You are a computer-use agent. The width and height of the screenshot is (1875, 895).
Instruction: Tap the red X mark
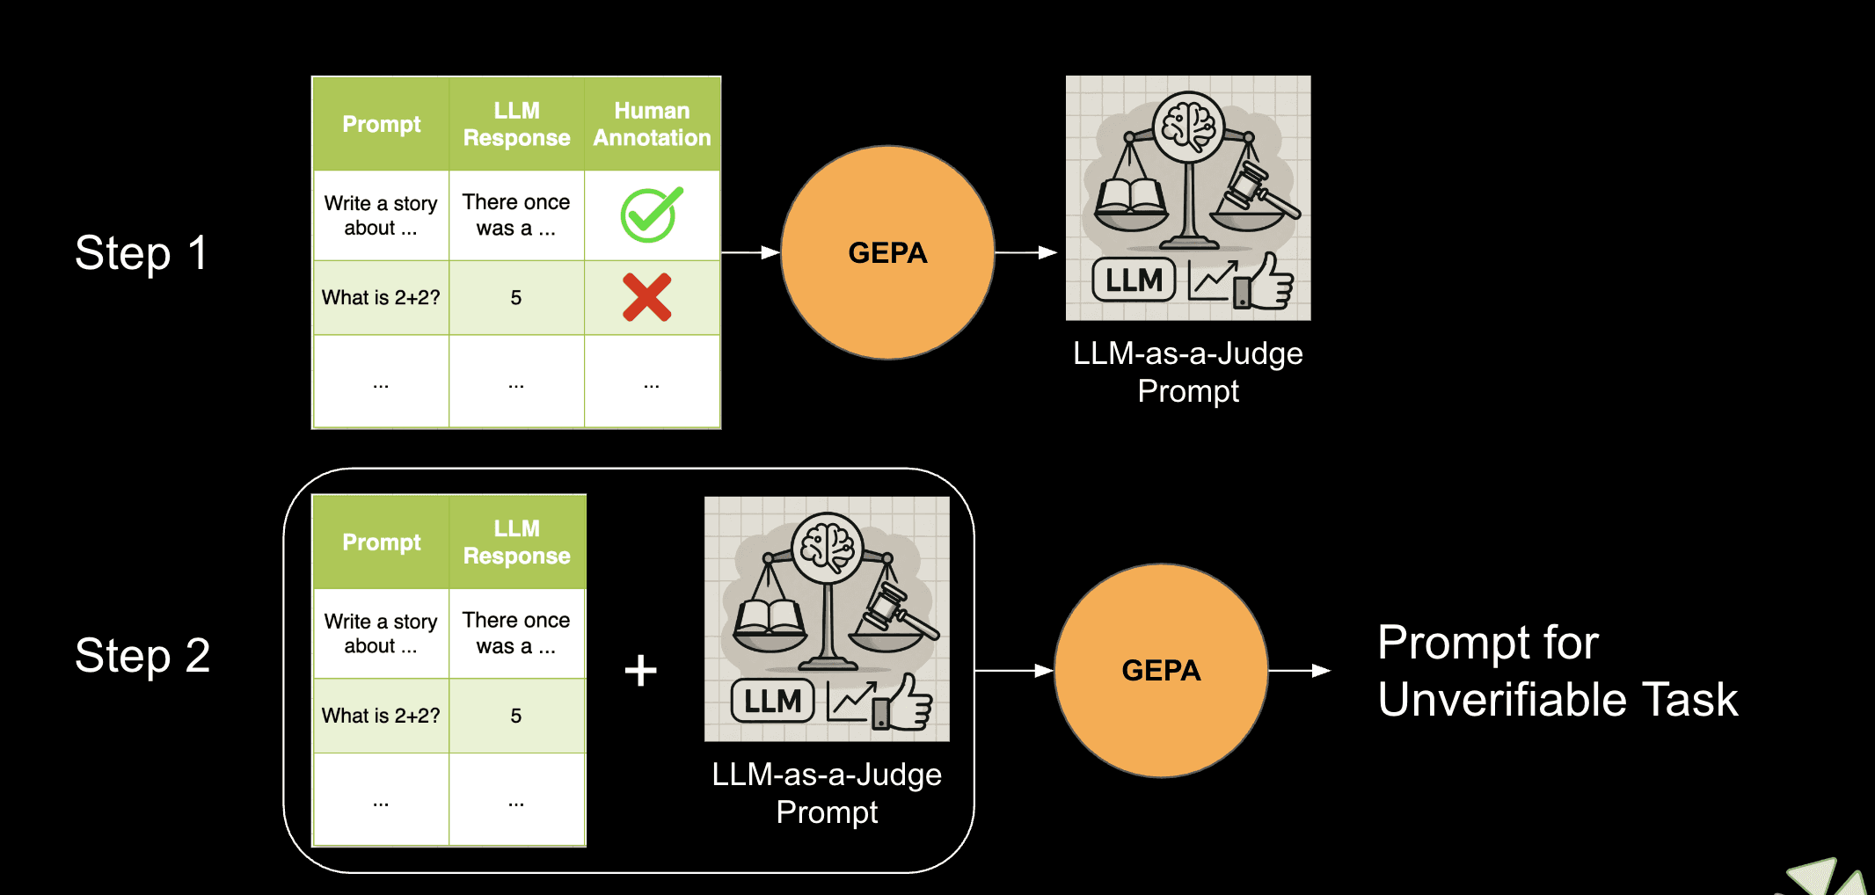(647, 297)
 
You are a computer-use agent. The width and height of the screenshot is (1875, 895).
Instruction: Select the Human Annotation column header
(652, 124)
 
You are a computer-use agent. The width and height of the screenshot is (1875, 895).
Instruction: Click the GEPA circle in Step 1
(887, 253)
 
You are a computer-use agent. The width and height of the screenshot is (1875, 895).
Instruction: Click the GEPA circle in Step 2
(1161, 671)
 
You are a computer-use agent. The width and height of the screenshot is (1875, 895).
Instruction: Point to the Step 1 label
(141, 253)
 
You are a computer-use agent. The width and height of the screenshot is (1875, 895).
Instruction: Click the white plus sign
(641, 671)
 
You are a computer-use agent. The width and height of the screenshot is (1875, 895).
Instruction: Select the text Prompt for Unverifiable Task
(1557, 671)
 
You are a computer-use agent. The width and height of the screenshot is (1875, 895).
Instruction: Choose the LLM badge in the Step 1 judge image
(1134, 280)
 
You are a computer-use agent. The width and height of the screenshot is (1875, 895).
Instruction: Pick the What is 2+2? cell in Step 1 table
(381, 298)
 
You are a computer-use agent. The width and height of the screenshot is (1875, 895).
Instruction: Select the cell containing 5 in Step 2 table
(516, 717)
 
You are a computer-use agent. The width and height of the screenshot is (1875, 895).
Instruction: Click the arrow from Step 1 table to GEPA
(750, 253)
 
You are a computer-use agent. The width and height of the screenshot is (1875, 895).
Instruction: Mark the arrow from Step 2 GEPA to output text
(1300, 671)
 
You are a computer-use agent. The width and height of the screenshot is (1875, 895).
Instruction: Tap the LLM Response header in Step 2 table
(516, 542)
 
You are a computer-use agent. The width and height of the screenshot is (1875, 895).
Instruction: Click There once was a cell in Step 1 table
(516, 215)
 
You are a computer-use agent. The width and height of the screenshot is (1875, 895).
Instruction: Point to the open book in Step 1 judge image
(1130, 196)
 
